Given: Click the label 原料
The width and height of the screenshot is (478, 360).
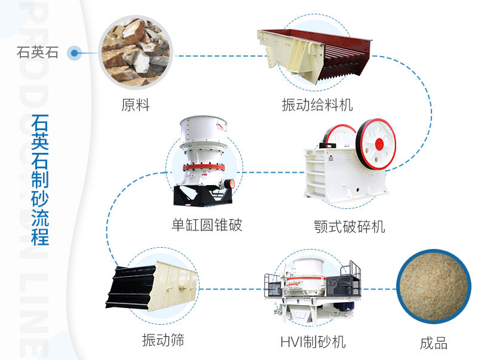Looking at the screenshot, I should click(x=135, y=106).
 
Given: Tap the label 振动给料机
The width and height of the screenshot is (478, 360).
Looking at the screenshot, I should click(x=317, y=106).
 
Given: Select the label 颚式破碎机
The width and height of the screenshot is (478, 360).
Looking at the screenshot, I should click(x=350, y=227).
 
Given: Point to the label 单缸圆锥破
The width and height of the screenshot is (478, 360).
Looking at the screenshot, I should click(x=207, y=225).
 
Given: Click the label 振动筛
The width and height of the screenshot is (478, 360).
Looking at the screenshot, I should click(x=163, y=340).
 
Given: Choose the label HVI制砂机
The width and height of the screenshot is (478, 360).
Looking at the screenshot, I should click(x=312, y=341).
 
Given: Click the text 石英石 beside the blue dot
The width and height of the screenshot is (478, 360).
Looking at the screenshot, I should click(x=38, y=53).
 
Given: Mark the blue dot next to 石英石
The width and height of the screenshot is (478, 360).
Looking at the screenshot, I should click(x=74, y=53).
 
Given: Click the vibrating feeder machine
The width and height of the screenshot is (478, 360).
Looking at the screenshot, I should click(x=314, y=55).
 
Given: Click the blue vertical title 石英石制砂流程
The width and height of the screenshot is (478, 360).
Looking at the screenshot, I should click(x=40, y=179).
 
